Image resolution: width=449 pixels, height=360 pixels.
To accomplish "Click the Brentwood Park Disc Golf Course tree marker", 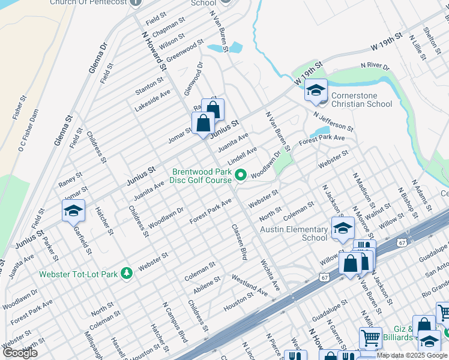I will pyautogui.click(x=241, y=176).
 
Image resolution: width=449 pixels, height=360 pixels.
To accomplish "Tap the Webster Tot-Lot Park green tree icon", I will pyautogui.click(x=126, y=274).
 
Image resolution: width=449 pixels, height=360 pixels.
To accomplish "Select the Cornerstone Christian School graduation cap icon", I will pyautogui.click(x=315, y=91).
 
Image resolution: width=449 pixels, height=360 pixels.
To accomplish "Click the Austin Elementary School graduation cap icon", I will pyautogui.click(x=343, y=229).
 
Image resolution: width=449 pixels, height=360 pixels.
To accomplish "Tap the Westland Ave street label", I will pyautogui.click(x=250, y=285).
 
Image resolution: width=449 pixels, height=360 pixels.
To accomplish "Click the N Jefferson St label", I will pyautogui.click(x=333, y=121).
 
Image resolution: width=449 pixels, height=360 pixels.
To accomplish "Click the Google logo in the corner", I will pyautogui.click(x=20, y=353).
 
